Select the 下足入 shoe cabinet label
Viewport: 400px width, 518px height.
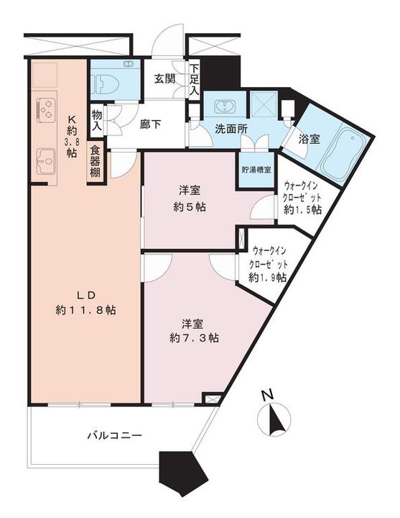194,81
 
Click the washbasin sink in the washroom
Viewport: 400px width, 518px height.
221,108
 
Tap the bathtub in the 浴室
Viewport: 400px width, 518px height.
344,153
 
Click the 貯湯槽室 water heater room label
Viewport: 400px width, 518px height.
256,170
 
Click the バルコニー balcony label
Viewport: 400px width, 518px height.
114,436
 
